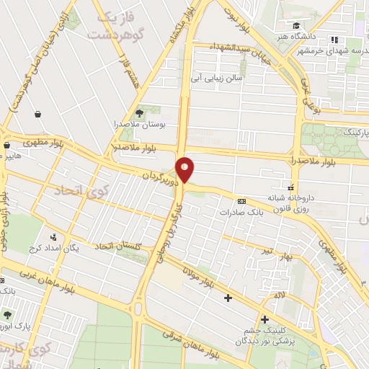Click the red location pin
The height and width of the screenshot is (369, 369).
tap(185, 169)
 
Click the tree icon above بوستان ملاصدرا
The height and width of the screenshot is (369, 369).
tap(140, 112)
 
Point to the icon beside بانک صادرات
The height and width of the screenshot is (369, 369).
tap(241, 202)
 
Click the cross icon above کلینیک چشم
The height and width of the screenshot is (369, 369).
tap(265, 320)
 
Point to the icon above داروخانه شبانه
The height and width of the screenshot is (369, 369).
tap(291, 184)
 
